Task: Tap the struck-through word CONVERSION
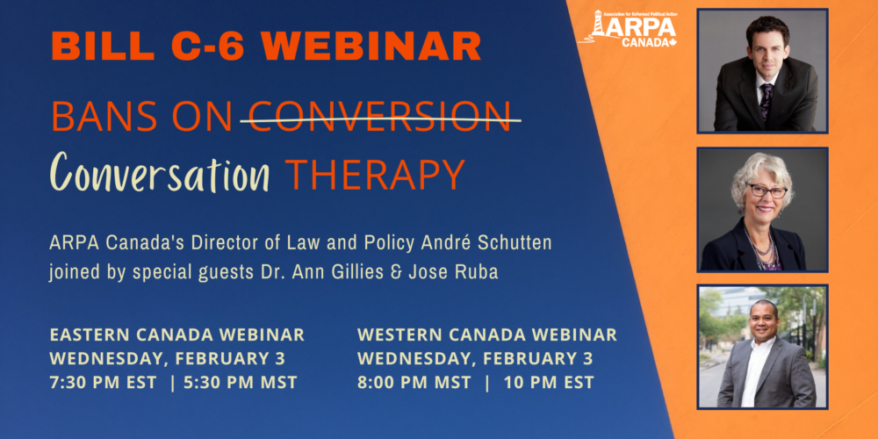point(379,117)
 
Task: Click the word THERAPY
point(376,173)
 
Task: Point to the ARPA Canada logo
point(629,28)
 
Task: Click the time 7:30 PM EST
point(104,383)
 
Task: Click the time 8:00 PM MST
point(414,383)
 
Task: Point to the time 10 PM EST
point(549,383)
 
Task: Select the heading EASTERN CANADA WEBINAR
point(177,335)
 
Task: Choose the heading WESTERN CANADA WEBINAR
point(487,335)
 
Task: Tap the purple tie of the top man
point(766,99)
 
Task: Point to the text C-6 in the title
point(208,46)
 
